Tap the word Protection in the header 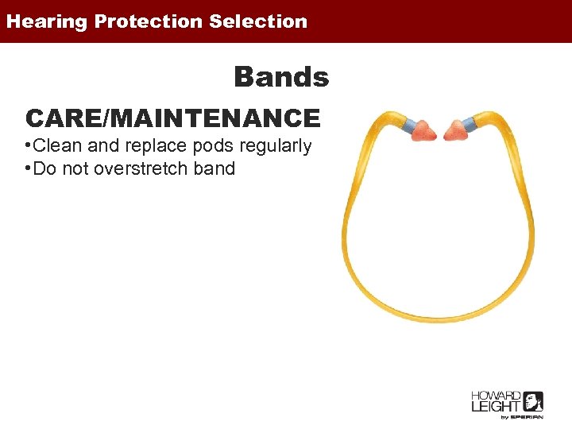[x=149, y=21]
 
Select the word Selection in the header [x=258, y=21]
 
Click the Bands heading [x=281, y=78]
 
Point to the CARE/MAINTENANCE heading [x=173, y=118]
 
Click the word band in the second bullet [x=214, y=168]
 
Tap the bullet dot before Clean [x=28, y=146]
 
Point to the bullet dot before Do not [x=28, y=168]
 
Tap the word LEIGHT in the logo [x=494, y=407]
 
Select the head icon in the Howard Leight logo [x=533, y=401]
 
